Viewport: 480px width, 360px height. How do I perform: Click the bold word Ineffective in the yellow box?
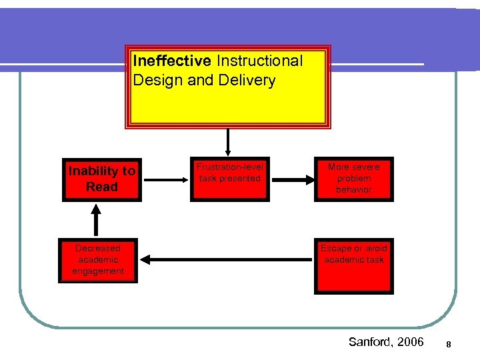(x=172, y=61)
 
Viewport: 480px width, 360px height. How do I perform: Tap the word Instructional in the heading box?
(x=259, y=61)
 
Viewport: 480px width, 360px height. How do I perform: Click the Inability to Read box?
(x=102, y=179)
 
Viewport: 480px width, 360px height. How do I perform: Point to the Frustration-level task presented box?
(x=229, y=179)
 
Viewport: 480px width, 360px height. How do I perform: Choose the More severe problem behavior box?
(x=354, y=179)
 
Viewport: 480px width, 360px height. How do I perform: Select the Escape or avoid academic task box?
(x=354, y=265)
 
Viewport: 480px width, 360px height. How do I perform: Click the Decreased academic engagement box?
(x=98, y=260)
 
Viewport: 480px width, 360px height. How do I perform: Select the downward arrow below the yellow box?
(x=228, y=141)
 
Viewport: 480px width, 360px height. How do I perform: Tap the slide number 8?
(x=449, y=344)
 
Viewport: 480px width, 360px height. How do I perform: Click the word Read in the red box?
(x=102, y=187)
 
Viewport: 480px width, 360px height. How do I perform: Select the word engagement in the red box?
(x=98, y=271)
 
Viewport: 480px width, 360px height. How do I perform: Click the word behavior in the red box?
(x=354, y=190)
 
